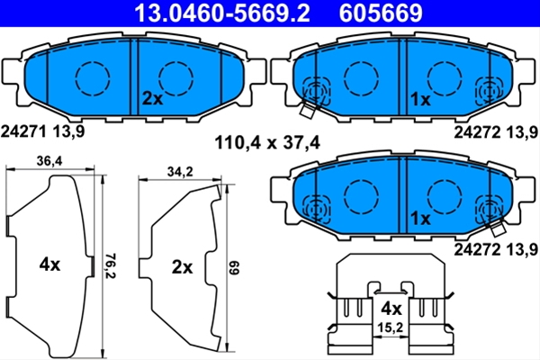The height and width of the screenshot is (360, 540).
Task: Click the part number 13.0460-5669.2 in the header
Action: [222, 13]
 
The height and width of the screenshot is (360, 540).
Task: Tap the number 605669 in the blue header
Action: [381, 13]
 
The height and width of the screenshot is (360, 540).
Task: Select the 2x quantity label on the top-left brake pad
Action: [153, 99]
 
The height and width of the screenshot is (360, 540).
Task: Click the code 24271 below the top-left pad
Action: [23, 131]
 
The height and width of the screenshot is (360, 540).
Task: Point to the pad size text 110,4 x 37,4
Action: [267, 142]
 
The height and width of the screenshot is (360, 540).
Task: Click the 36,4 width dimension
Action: [49, 161]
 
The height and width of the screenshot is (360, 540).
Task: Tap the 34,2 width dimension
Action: [180, 172]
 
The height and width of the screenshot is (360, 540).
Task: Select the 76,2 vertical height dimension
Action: [110, 266]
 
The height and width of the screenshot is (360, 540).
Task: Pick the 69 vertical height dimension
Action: [234, 267]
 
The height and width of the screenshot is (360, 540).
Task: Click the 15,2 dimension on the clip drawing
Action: [390, 328]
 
